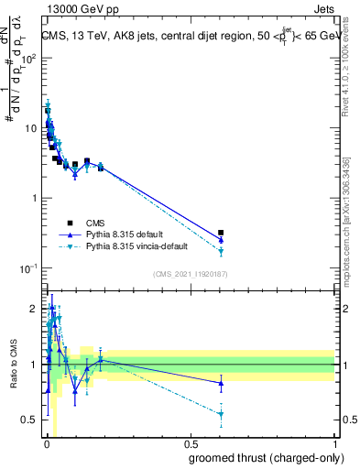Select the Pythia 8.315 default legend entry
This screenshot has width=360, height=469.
coord(127,234)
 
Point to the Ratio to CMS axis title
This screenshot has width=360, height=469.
coord(13,365)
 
